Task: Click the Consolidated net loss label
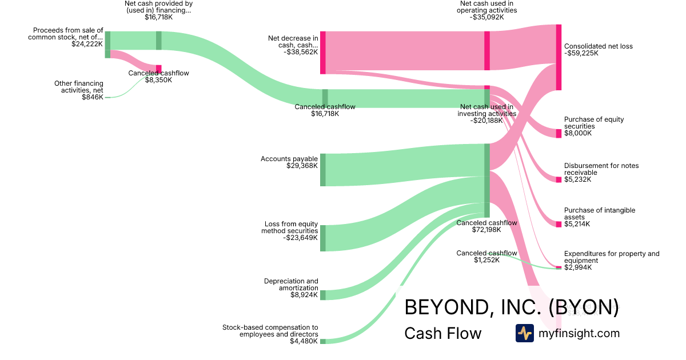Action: tap(598, 46)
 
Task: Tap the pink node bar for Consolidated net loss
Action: tap(559, 57)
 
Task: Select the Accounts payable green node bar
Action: tap(323, 170)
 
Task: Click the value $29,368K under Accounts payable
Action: tap(302, 166)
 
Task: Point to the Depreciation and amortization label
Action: tap(291, 285)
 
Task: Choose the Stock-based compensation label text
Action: tap(270, 330)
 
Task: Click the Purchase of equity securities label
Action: tap(594, 123)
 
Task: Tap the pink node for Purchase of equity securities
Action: tap(559, 133)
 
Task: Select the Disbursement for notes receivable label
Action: tap(601, 169)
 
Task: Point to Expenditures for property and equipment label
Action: tap(612, 257)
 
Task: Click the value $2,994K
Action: tap(578, 267)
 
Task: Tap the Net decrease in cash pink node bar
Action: tap(323, 53)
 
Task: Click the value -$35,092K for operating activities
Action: tap(488, 17)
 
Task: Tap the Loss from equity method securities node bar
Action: tap(323, 238)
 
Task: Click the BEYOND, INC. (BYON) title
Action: tap(511, 307)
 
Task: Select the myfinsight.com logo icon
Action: tap(525, 333)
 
